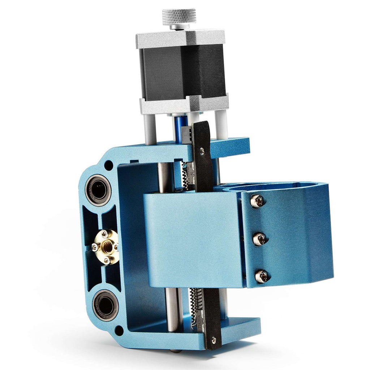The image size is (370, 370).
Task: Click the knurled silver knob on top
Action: click(179, 17)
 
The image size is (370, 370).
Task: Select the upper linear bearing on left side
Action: click(98, 190)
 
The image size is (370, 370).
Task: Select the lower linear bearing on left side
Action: click(105, 305)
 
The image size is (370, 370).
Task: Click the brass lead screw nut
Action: click(106, 247)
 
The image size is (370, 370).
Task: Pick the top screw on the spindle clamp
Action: click(257, 201)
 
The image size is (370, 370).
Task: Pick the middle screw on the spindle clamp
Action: click(260, 238)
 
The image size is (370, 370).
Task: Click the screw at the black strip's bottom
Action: click(214, 339)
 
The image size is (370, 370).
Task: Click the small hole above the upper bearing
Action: click(108, 165)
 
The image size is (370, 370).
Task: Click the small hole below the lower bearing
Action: click(119, 330)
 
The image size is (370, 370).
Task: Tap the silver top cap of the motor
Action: click(180, 38)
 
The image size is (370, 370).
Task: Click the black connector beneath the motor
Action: click(186, 134)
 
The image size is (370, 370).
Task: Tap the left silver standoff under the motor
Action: click(150, 128)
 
